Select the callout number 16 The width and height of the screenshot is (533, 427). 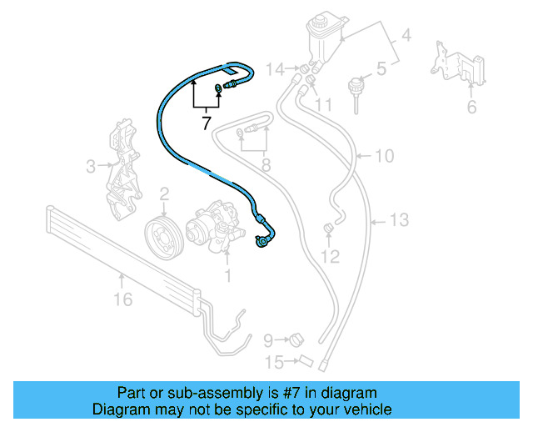[x=123, y=299]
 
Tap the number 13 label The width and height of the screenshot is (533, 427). [x=401, y=220]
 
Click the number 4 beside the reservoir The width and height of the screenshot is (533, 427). [x=406, y=37]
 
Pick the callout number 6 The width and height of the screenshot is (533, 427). [x=471, y=106]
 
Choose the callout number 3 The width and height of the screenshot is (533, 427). [x=92, y=167]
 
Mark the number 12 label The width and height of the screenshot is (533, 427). [x=331, y=256]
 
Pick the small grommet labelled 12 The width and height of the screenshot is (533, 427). [x=328, y=228]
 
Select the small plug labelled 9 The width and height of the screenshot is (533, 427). [x=296, y=339]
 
